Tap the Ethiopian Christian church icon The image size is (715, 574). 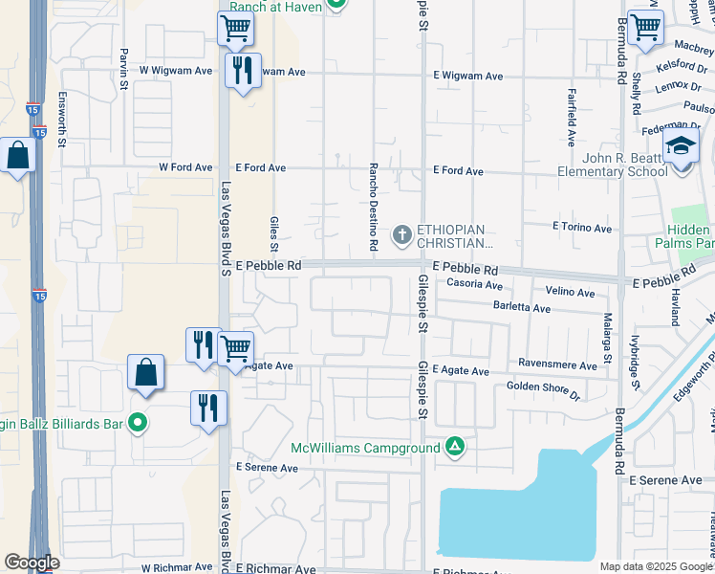402,233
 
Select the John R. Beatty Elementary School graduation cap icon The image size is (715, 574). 682,148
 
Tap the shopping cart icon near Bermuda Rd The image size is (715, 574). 646,29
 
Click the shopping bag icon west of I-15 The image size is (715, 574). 17,156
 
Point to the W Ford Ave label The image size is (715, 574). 185,167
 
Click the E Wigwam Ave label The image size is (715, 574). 467,76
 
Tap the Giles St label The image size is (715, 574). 273,229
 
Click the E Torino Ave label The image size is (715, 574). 581,228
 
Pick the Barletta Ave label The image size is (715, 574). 522,309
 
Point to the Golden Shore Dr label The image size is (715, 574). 542,389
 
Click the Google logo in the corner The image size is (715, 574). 31,563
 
